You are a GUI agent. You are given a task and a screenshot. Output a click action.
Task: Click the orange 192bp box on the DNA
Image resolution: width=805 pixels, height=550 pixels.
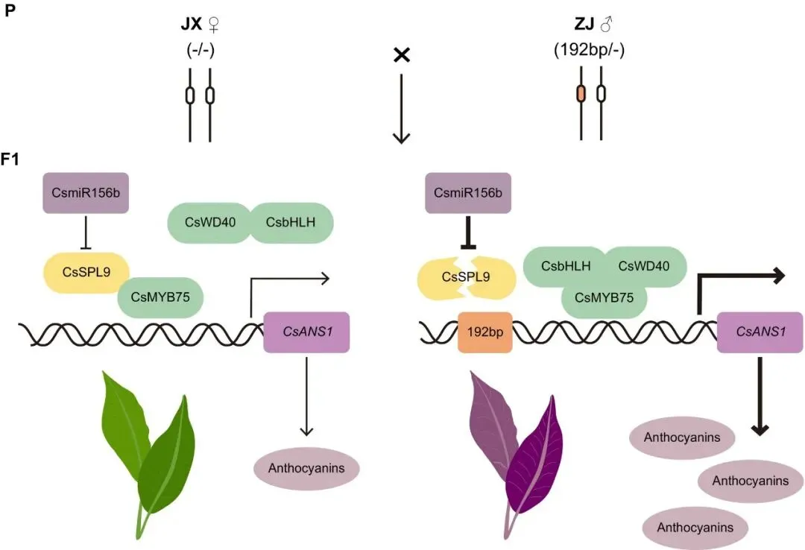484,332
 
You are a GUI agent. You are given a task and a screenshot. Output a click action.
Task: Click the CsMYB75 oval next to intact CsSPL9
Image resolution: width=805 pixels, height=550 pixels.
160,297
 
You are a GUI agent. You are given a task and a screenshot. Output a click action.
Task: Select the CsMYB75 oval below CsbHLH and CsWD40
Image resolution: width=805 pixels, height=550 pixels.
603,297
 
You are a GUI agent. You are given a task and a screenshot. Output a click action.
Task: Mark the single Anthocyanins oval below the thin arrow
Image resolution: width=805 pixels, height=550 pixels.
306,470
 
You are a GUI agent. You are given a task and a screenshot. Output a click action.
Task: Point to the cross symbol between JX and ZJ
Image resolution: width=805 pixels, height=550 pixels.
401,56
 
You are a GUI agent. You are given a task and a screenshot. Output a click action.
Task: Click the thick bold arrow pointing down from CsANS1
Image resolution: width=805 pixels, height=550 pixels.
760,395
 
